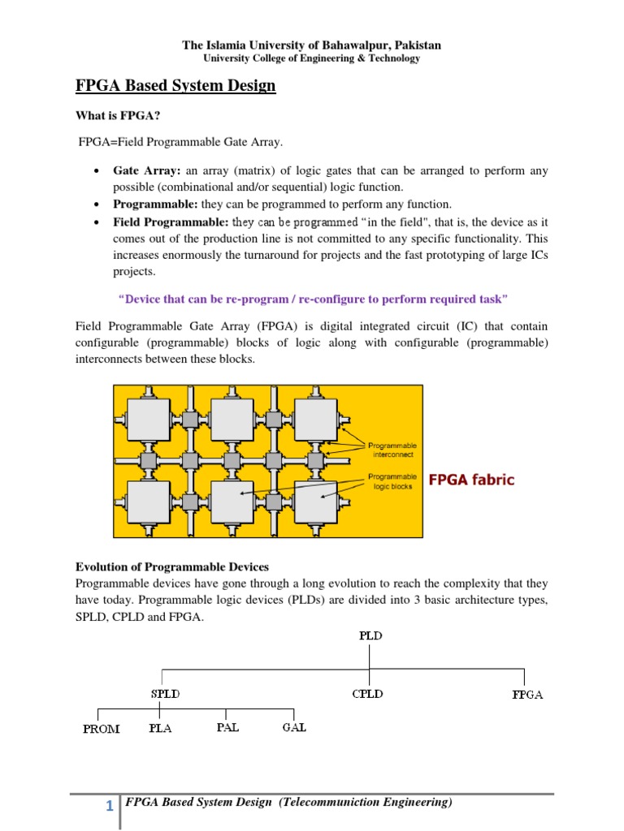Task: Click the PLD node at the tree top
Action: pos(370,635)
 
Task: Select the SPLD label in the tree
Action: pos(165,694)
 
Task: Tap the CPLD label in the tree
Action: pos(367,694)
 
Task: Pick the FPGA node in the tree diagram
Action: pos(528,695)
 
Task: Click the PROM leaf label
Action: pos(102,729)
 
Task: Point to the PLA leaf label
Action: pos(160,728)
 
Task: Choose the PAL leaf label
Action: pos(227,727)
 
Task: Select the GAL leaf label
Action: pos(294,727)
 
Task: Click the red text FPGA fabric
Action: pos(471,480)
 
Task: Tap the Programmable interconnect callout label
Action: pos(392,450)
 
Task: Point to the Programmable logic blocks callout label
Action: pos(392,481)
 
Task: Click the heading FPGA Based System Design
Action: pos(175,85)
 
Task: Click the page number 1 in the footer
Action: pos(109,806)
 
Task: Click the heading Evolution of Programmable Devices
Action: pos(171,566)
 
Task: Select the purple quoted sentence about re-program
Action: pos(313,299)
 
